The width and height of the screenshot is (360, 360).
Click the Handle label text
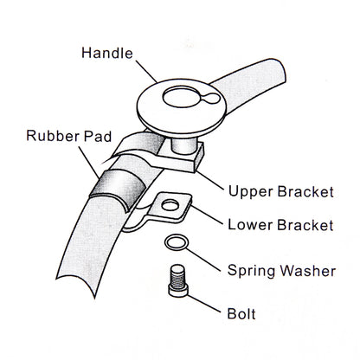pos(107,53)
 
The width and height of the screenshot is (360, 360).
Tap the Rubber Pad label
pos(68,136)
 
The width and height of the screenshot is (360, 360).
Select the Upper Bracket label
pos(281,192)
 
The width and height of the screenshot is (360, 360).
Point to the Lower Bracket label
pos(280,225)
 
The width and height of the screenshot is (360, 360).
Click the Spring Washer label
pos(281,271)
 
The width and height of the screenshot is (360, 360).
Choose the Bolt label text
pos(241,314)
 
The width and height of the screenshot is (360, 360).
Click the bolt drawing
pos(178,280)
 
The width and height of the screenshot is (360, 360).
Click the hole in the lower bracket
pos(170,205)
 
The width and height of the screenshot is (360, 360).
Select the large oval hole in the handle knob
pos(182,98)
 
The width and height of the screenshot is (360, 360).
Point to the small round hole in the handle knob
pos(214,99)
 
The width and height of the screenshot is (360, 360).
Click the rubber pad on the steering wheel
pos(118,189)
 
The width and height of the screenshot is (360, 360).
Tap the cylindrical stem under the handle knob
pos(183,145)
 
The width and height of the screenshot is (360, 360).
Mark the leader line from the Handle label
pos(146,71)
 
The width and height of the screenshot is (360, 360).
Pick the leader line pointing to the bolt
pos(204,304)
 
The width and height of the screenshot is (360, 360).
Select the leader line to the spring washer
pos(203,260)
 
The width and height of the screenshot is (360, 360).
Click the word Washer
pos(308,271)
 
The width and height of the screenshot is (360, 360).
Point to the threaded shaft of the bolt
pos(177,275)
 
